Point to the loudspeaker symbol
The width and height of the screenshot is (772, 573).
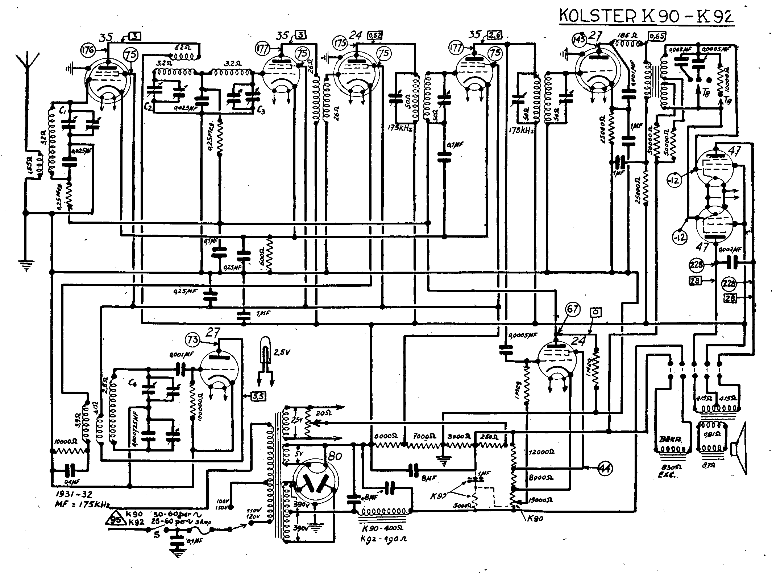(739, 449)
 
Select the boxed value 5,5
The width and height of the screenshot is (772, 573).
(259, 397)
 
